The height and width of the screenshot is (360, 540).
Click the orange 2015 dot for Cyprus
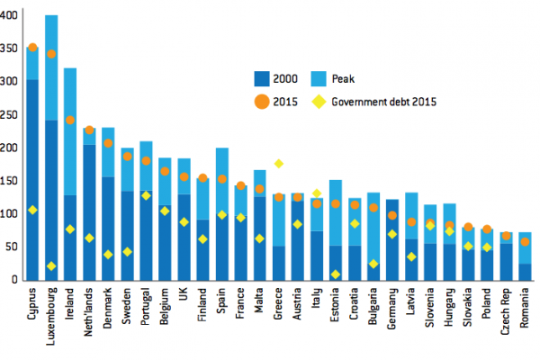pyautogui.click(x=32, y=48)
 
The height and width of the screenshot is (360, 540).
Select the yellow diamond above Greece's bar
pyautogui.click(x=279, y=164)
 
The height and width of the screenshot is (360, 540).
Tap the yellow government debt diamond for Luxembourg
pyautogui.click(x=51, y=266)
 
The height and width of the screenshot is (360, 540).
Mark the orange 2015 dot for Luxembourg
pyautogui.click(x=51, y=54)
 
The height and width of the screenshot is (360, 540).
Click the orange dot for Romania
pyautogui.click(x=525, y=242)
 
